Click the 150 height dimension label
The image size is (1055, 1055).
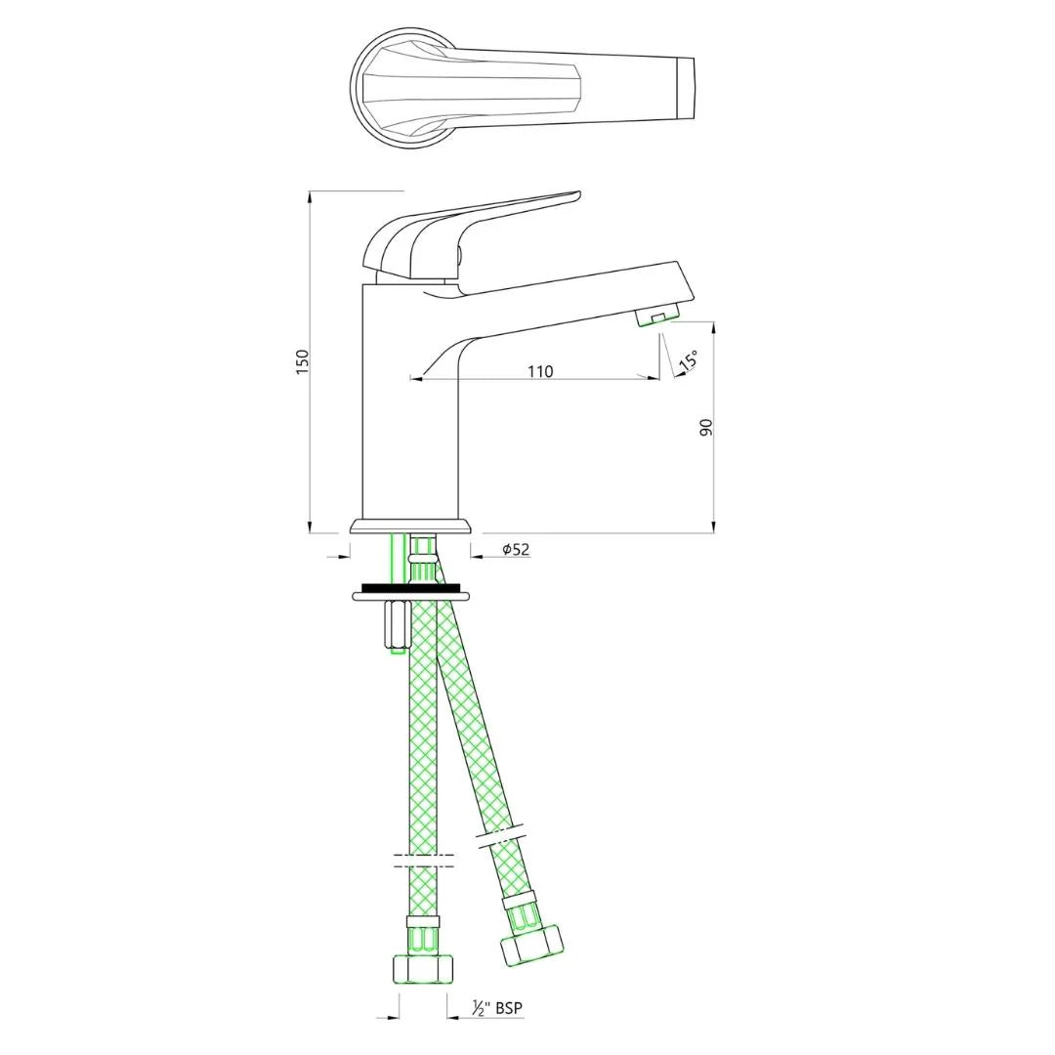point(303,360)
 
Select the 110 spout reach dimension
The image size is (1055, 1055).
point(540,371)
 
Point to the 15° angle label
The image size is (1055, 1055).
point(688,360)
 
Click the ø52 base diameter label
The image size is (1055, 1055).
point(516,549)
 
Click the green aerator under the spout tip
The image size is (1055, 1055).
point(656,316)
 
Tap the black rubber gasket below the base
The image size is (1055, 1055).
point(410,587)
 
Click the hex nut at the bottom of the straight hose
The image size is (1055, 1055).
point(423,967)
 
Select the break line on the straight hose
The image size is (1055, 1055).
point(423,859)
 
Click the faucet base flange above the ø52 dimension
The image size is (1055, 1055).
point(410,527)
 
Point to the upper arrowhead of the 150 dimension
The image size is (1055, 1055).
point(310,195)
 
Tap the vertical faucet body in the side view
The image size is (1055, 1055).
point(410,410)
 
